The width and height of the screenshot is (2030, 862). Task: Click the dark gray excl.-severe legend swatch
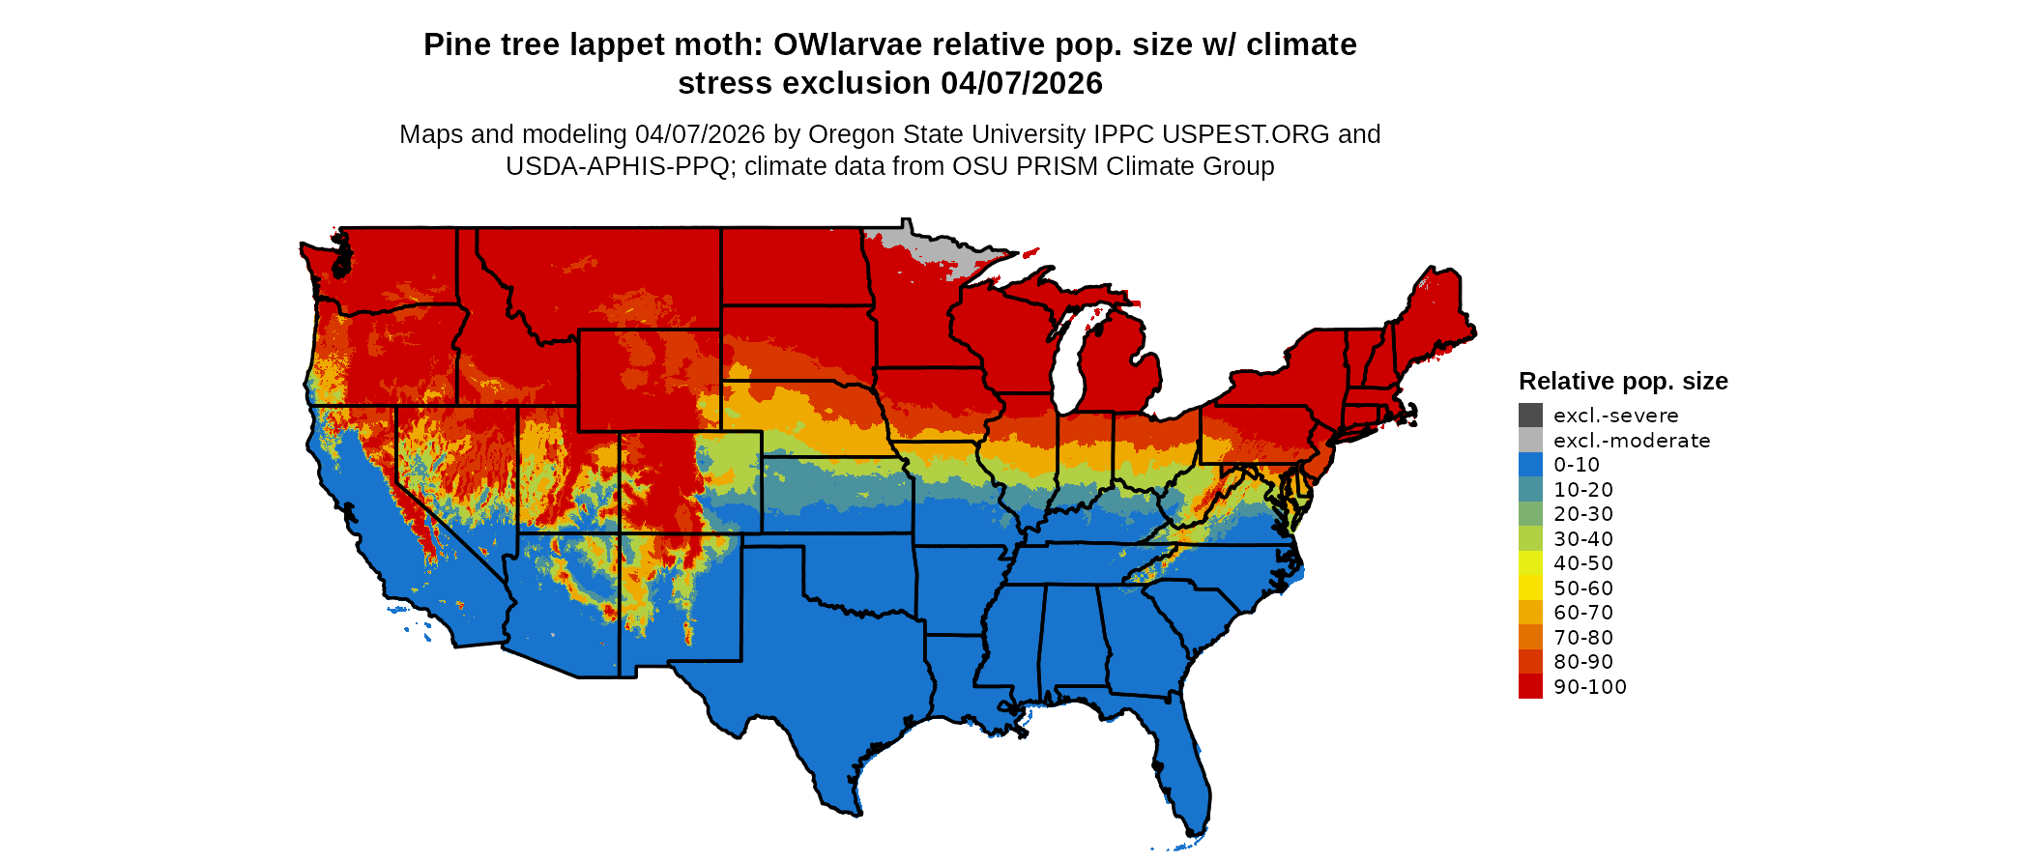click(x=1530, y=416)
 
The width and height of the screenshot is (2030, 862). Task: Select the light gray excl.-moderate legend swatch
click(x=1530, y=441)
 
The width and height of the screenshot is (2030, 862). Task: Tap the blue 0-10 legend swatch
click(x=1530, y=465)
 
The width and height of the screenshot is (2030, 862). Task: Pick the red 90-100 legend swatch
click(x=1530, y=687)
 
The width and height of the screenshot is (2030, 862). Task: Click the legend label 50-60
click(x=1582, y=589)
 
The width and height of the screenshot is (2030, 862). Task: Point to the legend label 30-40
click(x=1582, y=539)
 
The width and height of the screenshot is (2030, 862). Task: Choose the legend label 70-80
click(x=1582, y=638)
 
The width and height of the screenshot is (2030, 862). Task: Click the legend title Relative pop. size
click(x=1622, y=382)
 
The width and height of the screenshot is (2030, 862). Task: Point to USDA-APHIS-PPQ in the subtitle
click(x=617, y=166)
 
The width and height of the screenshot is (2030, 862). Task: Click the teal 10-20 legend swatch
click(x=1530, y=490)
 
